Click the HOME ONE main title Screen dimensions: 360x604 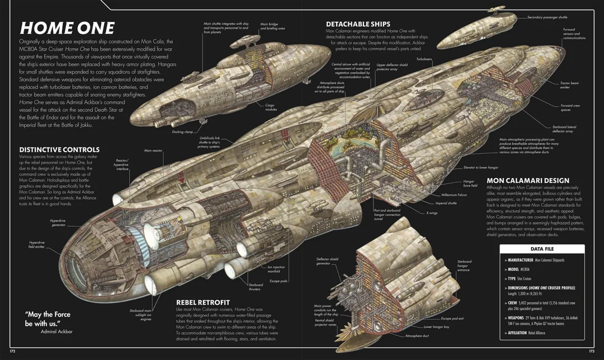(x=67, y=28)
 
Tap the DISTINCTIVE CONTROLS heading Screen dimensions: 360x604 (x=59, y=150)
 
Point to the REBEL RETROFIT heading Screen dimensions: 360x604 (x=202, y=302)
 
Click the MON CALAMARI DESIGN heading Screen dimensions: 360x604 (x=528, y=181)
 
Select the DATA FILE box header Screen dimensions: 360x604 (x=541, y=249)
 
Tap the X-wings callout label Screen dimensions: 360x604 (x=431, y=213)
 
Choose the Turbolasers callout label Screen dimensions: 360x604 (x=424, y=58)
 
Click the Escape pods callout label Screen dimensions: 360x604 (x=279, y=281)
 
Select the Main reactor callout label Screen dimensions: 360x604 (x=153, y=150)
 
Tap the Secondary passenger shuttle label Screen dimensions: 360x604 (x=547, y=17)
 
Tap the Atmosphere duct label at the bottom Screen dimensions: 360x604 (x=417, y=336)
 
